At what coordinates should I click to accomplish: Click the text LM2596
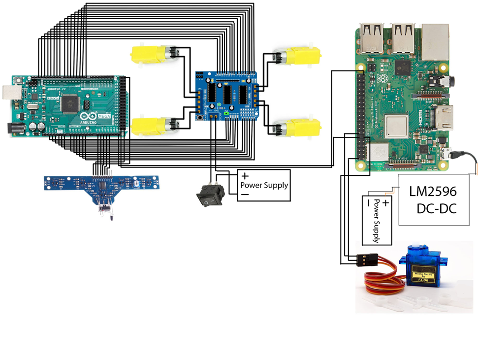[433, 191]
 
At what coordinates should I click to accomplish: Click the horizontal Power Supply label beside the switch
[263, 185]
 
